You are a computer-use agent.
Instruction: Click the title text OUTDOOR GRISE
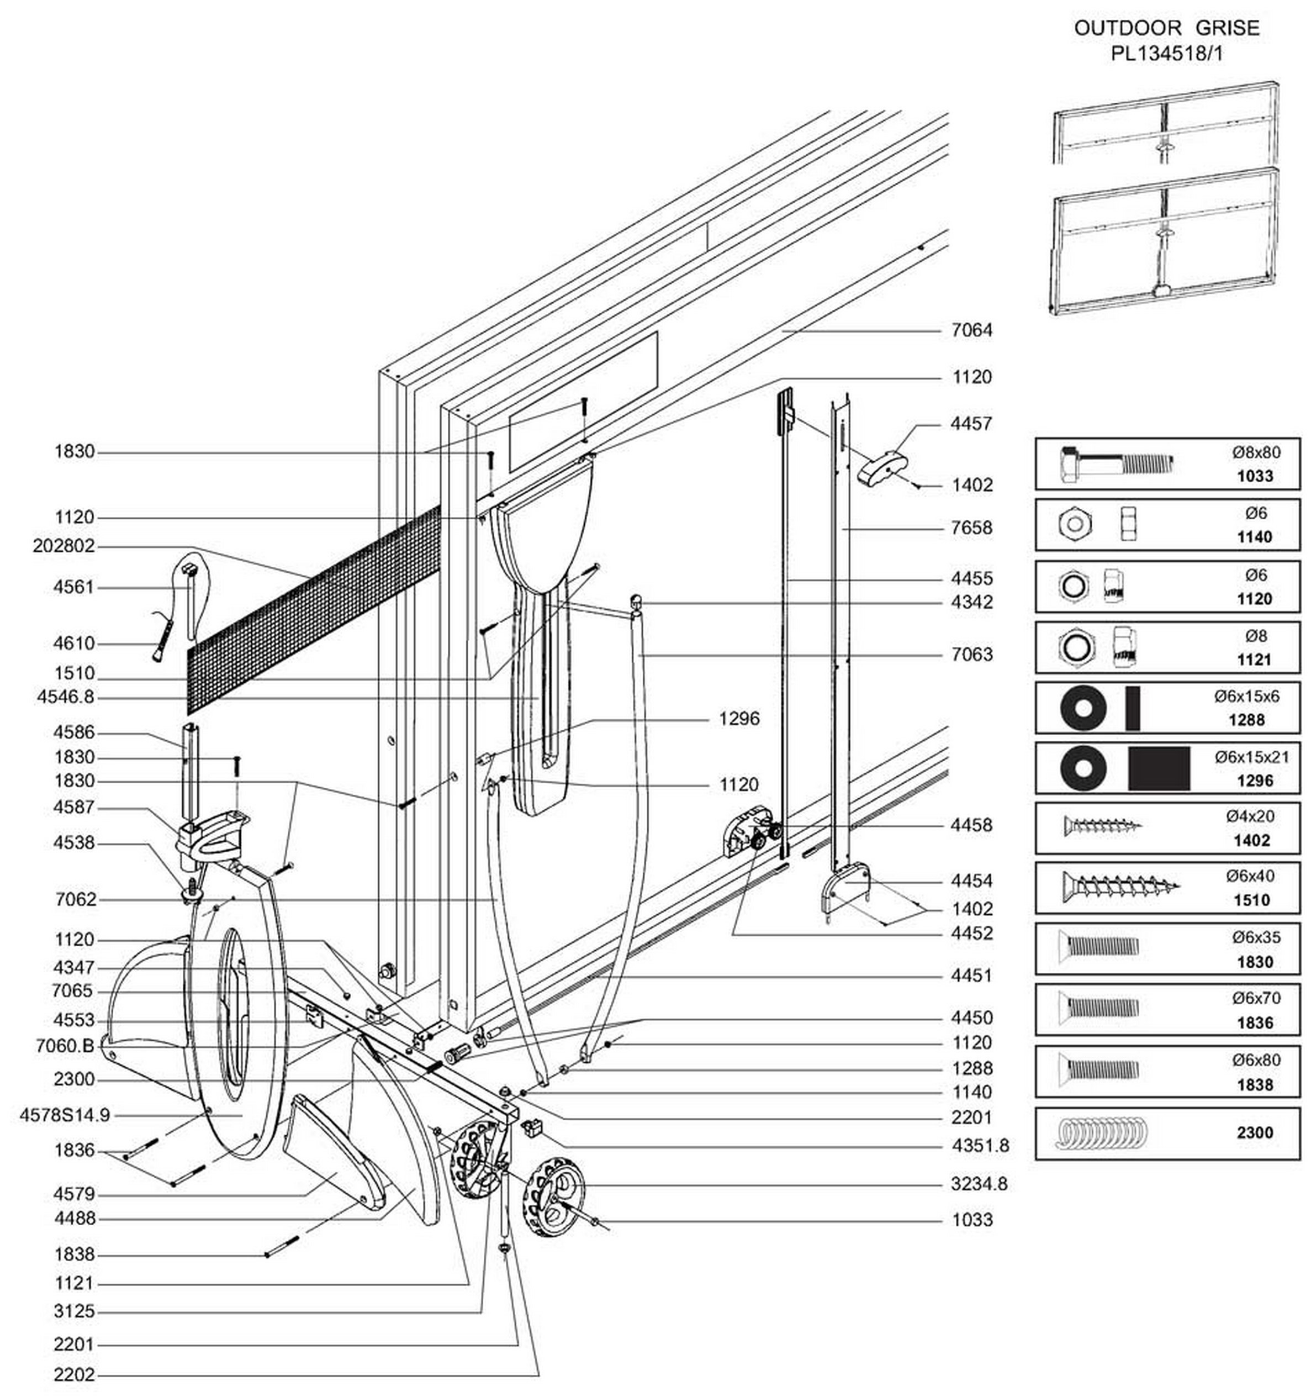tap(1166, 28)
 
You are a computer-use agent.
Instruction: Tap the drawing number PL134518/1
tap(1166, 54)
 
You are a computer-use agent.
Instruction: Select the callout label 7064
tap(972, 330)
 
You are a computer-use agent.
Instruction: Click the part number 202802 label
tap(64, 546)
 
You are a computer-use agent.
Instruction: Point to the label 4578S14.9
tap(65, 1115)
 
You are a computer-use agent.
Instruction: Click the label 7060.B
tap(65, 1046)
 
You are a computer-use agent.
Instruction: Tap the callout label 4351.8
tap(980, 1146)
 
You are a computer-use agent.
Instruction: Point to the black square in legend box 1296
tap(1159, 768)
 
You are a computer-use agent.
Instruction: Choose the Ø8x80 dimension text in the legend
tap(1256, 452)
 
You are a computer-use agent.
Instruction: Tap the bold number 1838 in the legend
tap(1255, 1084)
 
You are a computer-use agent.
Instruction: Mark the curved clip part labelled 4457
tap(882, 468)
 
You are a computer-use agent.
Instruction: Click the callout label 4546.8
tap(65, 697)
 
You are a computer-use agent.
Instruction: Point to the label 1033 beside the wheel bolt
tap(972, 1219)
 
